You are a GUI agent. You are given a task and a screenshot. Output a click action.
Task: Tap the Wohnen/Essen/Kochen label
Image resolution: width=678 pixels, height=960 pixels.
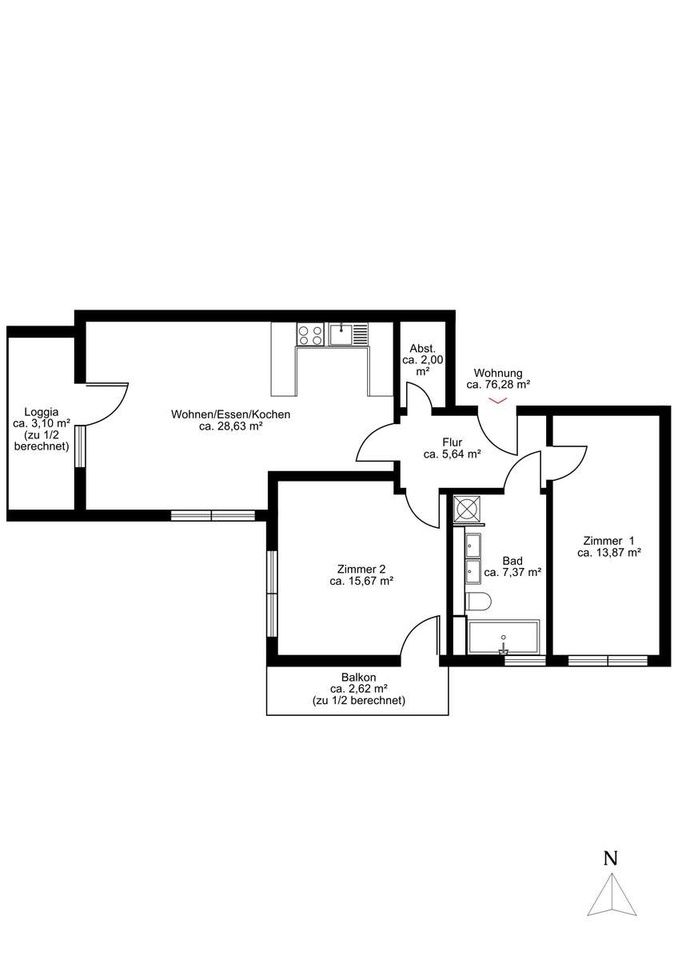tap(230, 420)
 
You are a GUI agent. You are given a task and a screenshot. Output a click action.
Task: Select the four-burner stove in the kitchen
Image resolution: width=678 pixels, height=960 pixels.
tap(309, 335)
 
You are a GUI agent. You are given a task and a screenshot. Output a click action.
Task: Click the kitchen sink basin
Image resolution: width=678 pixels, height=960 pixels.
tap(341, 334)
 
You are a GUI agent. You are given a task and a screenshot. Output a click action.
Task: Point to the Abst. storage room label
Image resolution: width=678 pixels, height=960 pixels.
tap(422, 359)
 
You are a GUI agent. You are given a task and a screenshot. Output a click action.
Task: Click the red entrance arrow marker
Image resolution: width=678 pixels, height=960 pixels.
tap(498, 401)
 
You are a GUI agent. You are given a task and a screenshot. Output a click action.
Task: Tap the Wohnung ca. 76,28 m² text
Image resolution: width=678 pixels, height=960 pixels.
tap(498, 379)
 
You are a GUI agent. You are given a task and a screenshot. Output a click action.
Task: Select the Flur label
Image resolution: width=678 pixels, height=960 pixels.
tap(452, 448)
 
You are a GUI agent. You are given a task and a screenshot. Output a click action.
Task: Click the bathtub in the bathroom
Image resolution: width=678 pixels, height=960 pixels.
tap(504, 638)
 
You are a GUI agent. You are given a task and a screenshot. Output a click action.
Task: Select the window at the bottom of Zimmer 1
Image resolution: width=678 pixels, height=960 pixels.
tap(608, 661)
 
